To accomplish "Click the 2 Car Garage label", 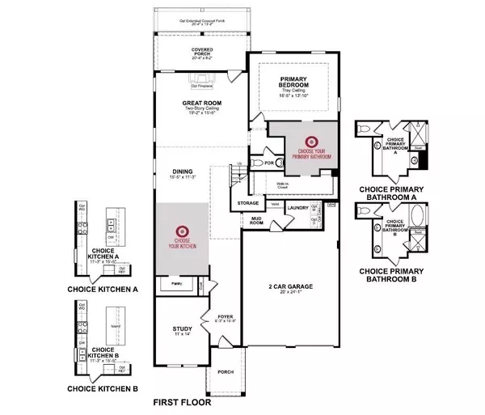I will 289,287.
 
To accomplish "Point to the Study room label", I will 182,329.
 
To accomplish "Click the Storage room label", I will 248,203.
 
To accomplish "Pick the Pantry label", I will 175,284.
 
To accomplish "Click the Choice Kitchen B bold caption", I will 102,388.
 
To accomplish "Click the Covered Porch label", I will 202,51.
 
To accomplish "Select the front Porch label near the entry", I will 226,372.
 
